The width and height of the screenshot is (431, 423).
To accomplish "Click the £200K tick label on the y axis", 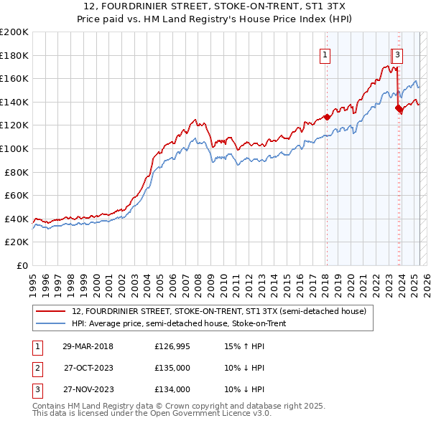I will coord(14,32).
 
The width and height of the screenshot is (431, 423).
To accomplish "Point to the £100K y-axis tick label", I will coord(14,148).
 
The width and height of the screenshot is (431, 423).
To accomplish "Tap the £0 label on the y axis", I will coord(22,265).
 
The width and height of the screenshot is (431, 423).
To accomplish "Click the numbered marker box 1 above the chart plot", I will coord(325,54).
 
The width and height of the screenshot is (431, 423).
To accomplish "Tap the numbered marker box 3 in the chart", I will coord(398,54).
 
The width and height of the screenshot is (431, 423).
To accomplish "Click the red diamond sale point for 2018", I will coord(327,117).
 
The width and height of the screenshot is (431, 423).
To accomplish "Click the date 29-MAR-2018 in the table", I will coord(88,347).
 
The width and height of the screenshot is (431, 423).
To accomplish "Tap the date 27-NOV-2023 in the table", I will coord(88,389).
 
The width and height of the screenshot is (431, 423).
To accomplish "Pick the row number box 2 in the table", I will coord(36,369).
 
